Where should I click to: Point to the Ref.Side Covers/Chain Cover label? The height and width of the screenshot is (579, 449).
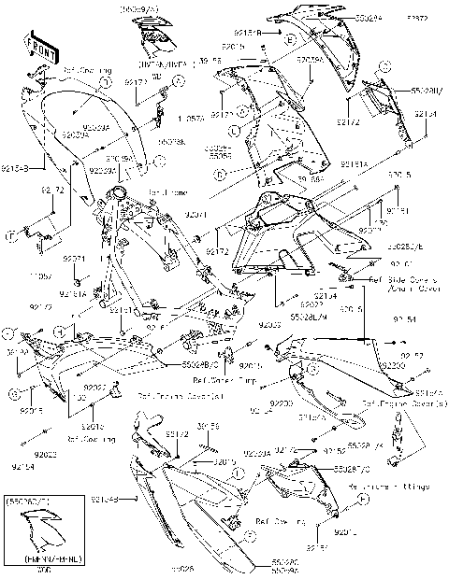403,283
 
